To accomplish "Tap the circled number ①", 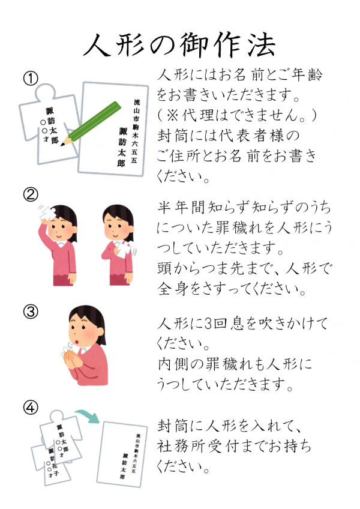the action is coord(31,78).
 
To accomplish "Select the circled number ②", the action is coord(31,194).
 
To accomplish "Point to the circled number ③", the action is coord(31,312).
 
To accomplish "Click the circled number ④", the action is coord(31,408).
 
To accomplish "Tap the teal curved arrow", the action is coord(88,416).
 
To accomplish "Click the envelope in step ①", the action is coord(113,129).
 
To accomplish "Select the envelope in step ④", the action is coord(122,454).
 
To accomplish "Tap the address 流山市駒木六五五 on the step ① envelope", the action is coord(136,131).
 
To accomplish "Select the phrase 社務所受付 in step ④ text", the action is coord(206,447).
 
